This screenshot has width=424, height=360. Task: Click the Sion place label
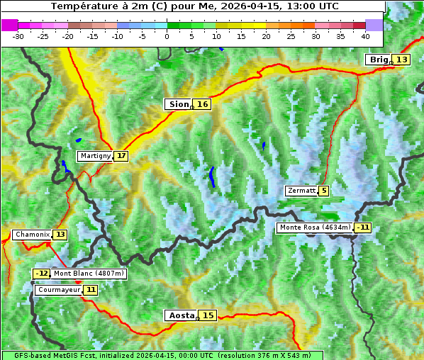[x=178, y=104]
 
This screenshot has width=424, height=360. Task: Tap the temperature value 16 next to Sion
[x=203, y=104]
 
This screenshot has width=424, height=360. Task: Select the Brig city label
[x=379, y=60]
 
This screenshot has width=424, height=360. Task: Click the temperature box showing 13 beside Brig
[x=401, y=60]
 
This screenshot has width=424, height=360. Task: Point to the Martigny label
[x=95, y=156]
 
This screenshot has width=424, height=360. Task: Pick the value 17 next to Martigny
[x=121, y=156]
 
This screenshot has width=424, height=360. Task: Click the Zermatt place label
[x=301, y=191]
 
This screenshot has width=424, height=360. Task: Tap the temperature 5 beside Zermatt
[x=324, y=191]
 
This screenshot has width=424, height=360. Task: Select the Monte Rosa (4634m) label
[x=314, y=227]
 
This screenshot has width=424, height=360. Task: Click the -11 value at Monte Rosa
[x=363, y=227]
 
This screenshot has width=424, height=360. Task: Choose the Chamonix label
[x=32, y=235]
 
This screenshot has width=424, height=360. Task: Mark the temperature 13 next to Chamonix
[x=60, y=235]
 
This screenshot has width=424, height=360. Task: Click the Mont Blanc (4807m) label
[x=89, y=274]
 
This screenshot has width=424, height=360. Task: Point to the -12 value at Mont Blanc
[x=42, y=274]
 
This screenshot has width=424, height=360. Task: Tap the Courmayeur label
[x=58, y=290]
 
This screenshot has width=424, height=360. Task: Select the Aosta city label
[x=180, y=315]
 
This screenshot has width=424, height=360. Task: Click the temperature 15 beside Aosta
[x=208, y=315]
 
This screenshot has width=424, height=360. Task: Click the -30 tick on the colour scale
[x=18, y=35]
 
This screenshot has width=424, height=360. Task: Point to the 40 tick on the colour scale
[x=364, y=35]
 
